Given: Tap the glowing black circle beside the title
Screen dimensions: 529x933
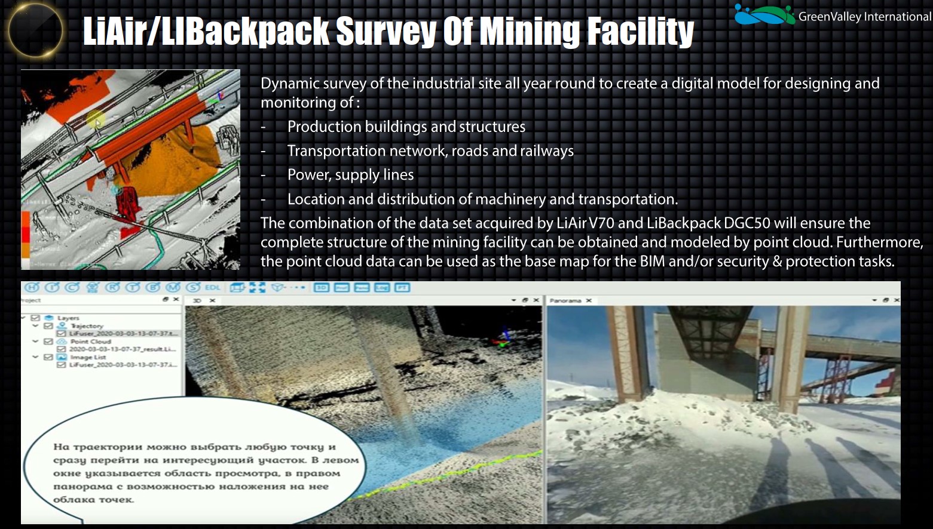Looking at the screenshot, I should pos(36,30).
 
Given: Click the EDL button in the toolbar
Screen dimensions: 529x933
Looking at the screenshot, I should pos(212,288).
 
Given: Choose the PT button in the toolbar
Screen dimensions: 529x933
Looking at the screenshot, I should pos(402,288).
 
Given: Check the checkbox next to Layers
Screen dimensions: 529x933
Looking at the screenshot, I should pos(35,318).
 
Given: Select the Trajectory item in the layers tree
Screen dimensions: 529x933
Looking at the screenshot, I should pos(87,326).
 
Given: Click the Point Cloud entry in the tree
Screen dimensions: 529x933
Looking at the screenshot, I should pos(90,342).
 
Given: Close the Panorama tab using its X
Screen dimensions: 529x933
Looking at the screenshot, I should pos(589,300).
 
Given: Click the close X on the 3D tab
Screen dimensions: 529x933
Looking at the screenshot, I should pos(212,300).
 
